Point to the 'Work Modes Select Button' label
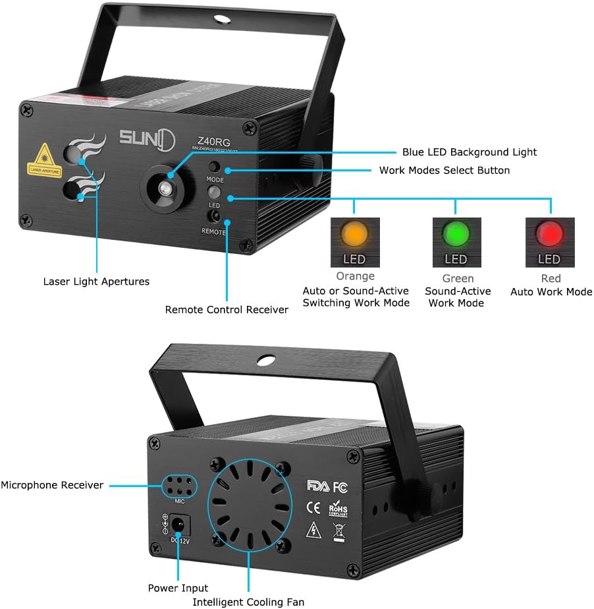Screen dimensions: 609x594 tap(445, 171)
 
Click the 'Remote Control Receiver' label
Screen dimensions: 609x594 tap(227, 309)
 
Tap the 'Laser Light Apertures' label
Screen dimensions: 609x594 tap(96, 281)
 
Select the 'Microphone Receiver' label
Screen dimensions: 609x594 tap(52, 485)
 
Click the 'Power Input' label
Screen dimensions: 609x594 tap(178, 588)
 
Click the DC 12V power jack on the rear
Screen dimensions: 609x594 tap(177, 525)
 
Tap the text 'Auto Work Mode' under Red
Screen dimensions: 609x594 tap(551, 291)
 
